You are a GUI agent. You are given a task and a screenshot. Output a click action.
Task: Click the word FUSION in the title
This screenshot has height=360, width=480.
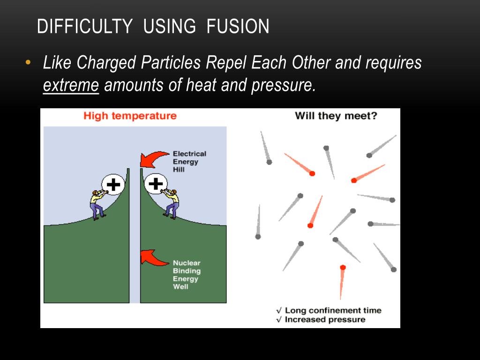coord(238,27)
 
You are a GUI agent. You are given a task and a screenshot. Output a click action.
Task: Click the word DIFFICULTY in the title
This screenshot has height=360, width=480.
coord(84,27)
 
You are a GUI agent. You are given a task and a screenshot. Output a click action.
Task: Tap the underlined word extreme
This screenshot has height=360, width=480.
coord(71,86)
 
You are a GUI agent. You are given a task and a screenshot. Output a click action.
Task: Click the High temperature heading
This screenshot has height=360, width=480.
coord(130,116)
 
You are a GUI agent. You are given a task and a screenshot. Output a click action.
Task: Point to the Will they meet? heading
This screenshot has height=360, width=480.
coord(336,116)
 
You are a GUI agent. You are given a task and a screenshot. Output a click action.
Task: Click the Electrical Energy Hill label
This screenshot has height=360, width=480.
coord(189,161)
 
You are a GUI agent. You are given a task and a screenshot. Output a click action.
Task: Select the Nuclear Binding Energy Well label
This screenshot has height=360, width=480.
coord(187,275)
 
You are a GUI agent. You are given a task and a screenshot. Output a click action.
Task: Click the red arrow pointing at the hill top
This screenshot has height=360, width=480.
coord(154,159)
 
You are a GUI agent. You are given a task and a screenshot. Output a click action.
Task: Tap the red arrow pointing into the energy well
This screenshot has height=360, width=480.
coord(154,256)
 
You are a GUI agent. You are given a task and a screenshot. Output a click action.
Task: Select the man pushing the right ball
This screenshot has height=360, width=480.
coord(172,203)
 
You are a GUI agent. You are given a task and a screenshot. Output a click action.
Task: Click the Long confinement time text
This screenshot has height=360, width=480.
coord(333,310)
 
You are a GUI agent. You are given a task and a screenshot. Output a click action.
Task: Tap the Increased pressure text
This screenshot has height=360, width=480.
coord(325,320)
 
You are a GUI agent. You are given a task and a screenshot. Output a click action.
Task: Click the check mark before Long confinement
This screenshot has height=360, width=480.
coord(279,310)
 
